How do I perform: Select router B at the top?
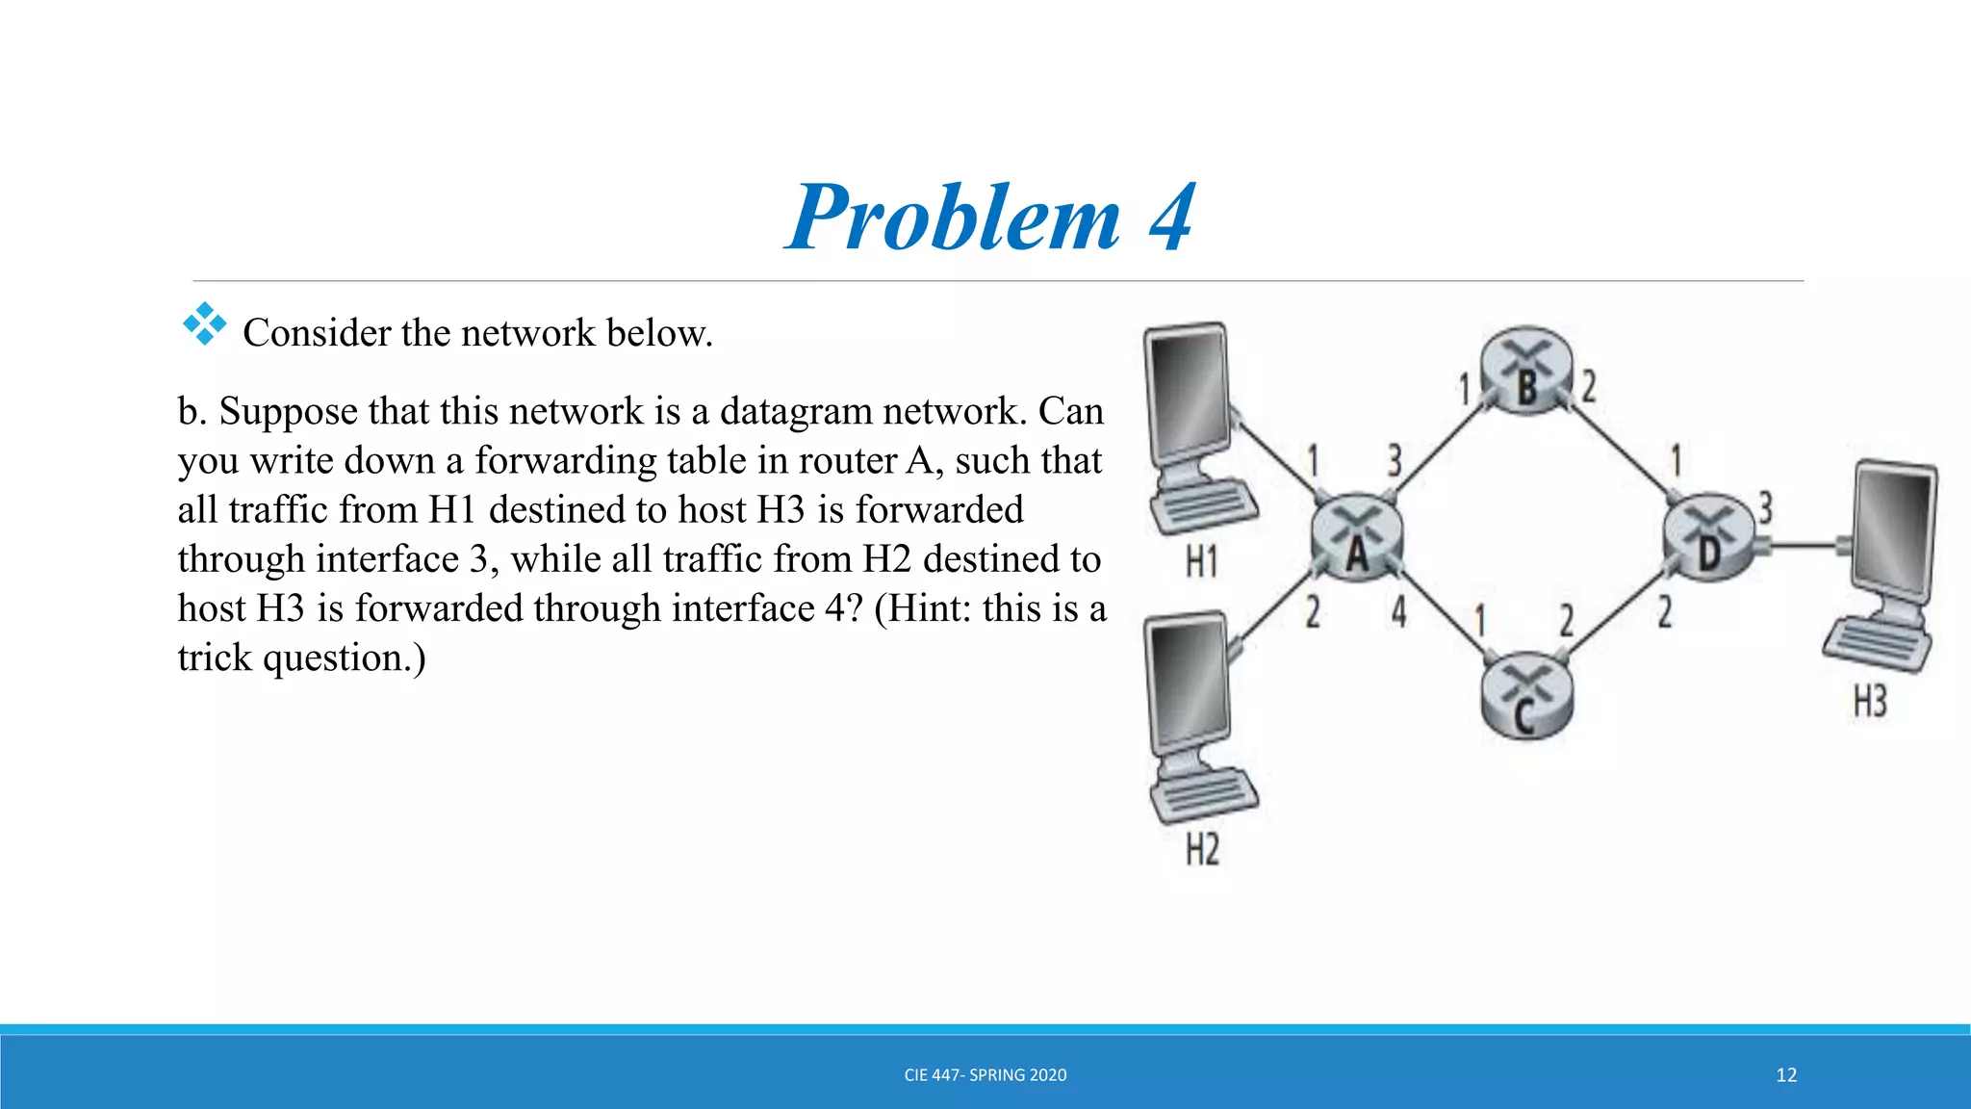tap(1526, 371)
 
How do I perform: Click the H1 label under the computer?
tap(1202, 561)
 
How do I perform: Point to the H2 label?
tap(1202, 850)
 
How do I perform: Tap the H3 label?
tap(1870, 702)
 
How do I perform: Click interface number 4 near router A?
tap(1398, 611)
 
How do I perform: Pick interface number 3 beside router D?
tap(1765, 507)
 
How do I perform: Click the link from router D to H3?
tap(1805, 547)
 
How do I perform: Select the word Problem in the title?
tap(954, 219)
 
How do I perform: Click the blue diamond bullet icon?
tap(204, 324)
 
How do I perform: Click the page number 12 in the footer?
tap(1786, 1075)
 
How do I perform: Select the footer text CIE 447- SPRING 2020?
tap(985, 1075)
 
